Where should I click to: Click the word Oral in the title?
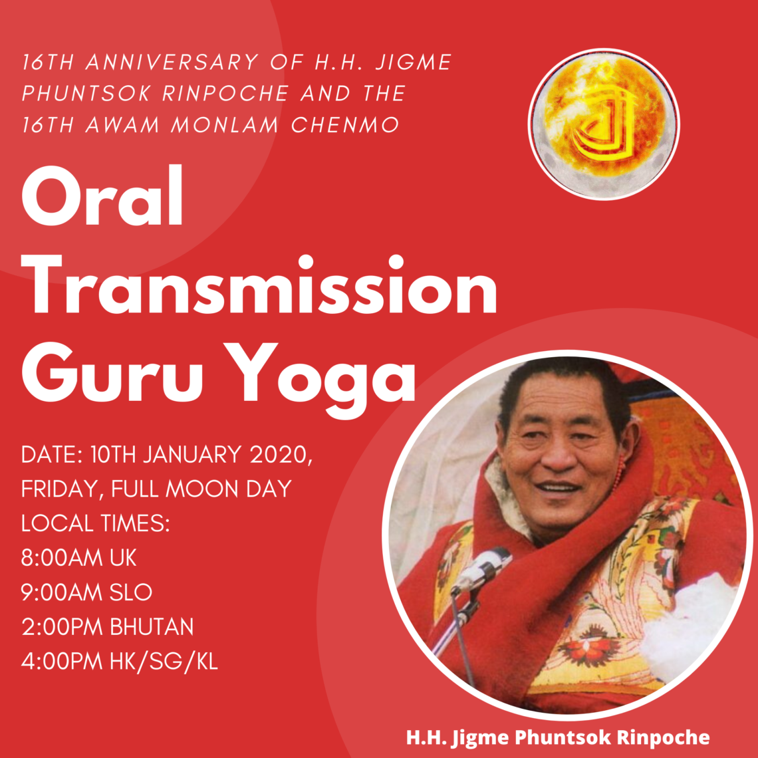click(x=102, y=196)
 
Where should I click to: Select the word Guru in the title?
click(x=112, y=373)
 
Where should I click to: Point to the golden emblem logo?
click(x=604, y=124)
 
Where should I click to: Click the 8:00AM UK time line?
click(x=79, y=558)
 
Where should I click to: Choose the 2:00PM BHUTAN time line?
click(x=107, y=626)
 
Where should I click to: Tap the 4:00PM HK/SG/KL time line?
click(x=120, y=662)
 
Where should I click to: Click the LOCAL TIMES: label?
click(x=95, y=523)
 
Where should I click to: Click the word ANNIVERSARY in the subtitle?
click(x=173, y=63)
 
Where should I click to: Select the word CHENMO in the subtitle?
click(x=345, y=125)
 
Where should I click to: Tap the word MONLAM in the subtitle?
click(x=225, y=125)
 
